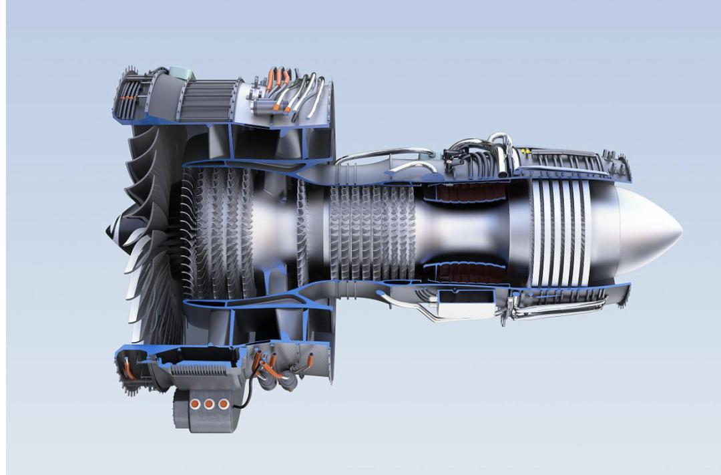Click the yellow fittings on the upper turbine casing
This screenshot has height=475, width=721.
pyautogui.click(x=528, y=151)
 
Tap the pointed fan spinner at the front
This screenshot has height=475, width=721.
pyautogui.click(x=110, y=230)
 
